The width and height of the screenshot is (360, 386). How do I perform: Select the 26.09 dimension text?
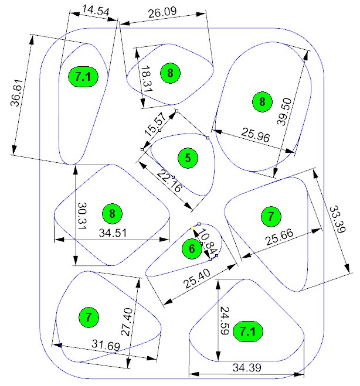(164, 12)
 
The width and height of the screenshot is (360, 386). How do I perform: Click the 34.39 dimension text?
(246, 368)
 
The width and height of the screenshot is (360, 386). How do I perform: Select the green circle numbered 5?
(188, 157)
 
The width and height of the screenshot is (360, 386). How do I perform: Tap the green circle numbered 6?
(192, 249)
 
